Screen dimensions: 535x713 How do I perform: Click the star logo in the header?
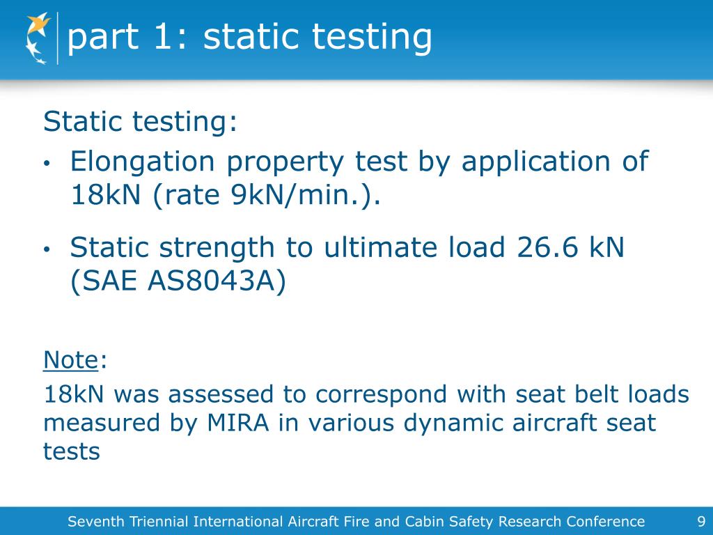point(38,38)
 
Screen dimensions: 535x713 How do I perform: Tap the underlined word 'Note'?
point(70,360)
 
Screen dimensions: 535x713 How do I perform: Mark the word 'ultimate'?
point(366,248)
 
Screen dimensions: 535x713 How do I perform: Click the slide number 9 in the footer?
point(700,521)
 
